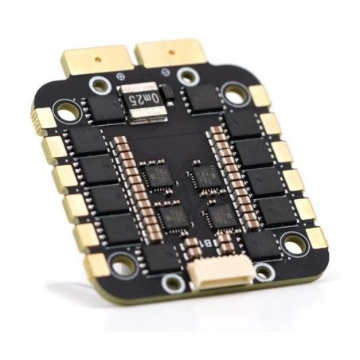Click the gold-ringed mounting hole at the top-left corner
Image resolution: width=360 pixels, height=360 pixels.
[68, 112]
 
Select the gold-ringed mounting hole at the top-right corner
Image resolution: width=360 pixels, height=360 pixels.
[237, 95]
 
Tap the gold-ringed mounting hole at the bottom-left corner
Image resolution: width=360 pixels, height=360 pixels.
[122, 265]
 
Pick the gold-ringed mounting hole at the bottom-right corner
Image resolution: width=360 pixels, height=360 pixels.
[294, 245]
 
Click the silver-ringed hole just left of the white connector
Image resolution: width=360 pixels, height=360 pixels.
[173, 283]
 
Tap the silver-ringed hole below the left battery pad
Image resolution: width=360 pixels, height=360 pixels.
[100, 84]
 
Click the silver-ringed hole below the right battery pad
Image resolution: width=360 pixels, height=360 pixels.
[188, 76]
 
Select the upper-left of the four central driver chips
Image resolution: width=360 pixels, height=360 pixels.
[156, 175]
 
